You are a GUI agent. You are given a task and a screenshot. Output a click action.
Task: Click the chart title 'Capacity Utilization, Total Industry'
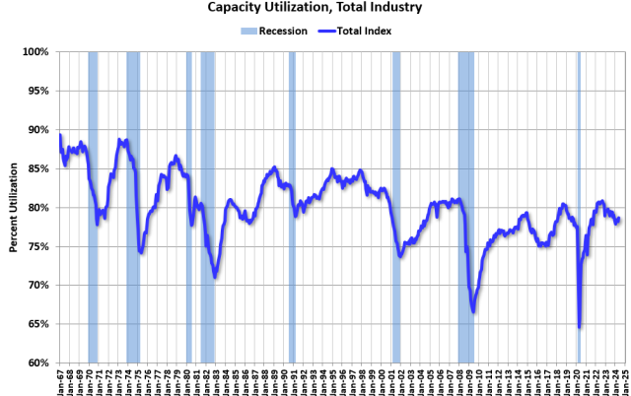tap(315, 8)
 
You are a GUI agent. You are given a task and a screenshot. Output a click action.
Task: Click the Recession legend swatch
tap(249, 31)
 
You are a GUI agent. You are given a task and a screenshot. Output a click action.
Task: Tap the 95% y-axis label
tap(39, 91)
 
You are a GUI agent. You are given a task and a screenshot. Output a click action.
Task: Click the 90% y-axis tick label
tap(39, 129)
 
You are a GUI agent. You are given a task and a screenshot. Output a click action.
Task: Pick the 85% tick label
tap(39, 168)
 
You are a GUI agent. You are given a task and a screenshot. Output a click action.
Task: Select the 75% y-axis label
tap(39, 246)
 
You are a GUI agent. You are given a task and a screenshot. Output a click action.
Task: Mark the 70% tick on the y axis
tap(39, 285)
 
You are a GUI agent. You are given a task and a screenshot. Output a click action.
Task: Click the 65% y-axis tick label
tap(39, 324)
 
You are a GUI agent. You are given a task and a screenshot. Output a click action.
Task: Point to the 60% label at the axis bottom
tap(39, 363)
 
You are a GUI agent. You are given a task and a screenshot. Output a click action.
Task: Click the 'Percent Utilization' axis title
tap(14, 207)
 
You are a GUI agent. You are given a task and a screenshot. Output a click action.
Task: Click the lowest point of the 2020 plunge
tap(580, 326)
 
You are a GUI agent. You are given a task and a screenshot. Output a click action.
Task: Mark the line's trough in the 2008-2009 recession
tap(474, 311)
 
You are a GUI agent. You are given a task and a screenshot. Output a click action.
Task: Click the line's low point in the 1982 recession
tap(214, 277)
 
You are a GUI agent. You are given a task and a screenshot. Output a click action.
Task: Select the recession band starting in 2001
tap(396, 207)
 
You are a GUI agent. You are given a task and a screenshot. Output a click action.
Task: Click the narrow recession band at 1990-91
tap(292, 207)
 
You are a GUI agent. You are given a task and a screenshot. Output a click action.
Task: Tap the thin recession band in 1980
tap(189, 207)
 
